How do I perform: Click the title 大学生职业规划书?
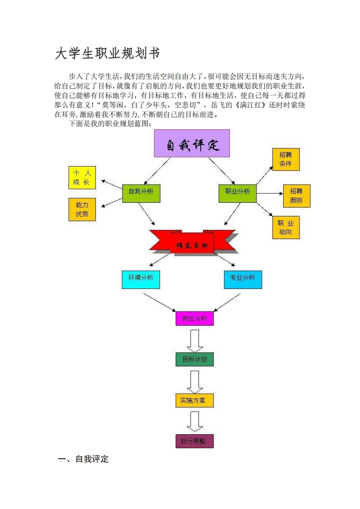pyautogui.click(x=107, y=54)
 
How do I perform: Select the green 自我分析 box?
pyautogui.click(x=141, y=192)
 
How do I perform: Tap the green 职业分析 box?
pyautogui.click(x=237, y=192)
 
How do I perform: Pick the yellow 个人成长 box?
pyautogui.click(x=82, y=178)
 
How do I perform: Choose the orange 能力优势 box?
pyautogui.click(x=82, y=210)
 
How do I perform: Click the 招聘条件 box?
pyautogui.click(x=286, y=159)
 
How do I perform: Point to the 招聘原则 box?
pyautogui.click(x=296, y=196)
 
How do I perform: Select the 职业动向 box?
pyautogui.click(x=286, y=228)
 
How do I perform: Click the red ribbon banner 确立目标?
pyautogui.click(x=192, y=244)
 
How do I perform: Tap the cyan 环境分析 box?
pyautogui.click(x=141, y=279)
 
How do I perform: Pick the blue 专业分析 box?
pyautogui.click(x=243, y=279)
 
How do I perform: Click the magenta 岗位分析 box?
pyautogui.click(x=194, y=318)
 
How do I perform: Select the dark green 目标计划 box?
pyautogui.click(x=194, y=359)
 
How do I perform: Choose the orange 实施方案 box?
pyautogui.click(x=194, y=400)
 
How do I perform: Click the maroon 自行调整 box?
pyautogui.click(x=194, y=441)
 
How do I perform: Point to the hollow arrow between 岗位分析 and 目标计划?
pyautogui.click(x=195, y=340)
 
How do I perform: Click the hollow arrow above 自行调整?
pyautogui.click(x=195, y=421)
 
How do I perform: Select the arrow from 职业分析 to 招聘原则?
pyautogui.click(x=270, y=193)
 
